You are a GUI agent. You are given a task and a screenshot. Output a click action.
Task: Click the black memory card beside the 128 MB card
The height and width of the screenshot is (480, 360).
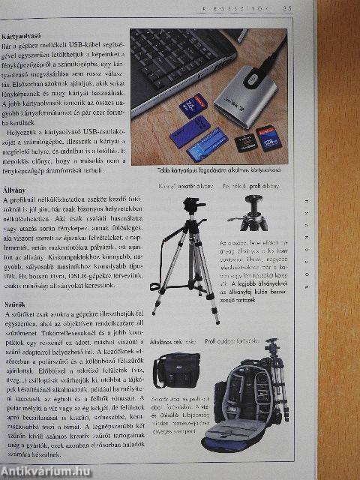pyautogui.click(x=244, y=142)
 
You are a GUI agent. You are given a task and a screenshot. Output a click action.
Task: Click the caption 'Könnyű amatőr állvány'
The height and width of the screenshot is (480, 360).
pyautogui.click(x=185, y=186)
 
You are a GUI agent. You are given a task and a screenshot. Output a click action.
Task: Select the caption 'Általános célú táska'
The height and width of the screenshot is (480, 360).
pyautogui.click(x=175, y=343)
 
